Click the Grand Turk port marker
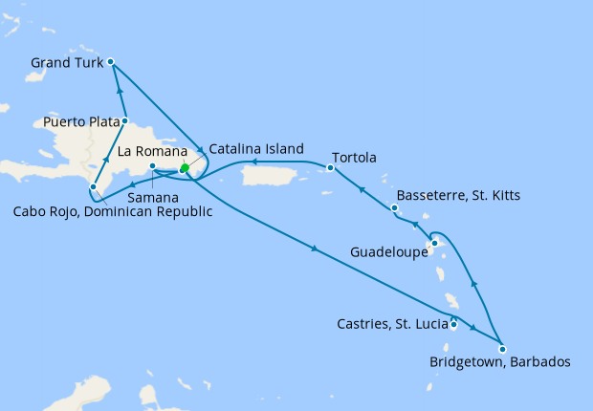click(111, 62)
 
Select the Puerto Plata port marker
click(125, 121)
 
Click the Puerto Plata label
click(80, 122)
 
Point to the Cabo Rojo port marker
click(93, 187)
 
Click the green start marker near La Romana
click(184, 169)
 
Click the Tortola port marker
click(329, 168)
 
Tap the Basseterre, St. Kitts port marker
click(394, 206)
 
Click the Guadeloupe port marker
click(434, 243)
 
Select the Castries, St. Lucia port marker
click(453, 326)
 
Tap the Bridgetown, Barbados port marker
click(502, 349)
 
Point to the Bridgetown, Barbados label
click(500, 363)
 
